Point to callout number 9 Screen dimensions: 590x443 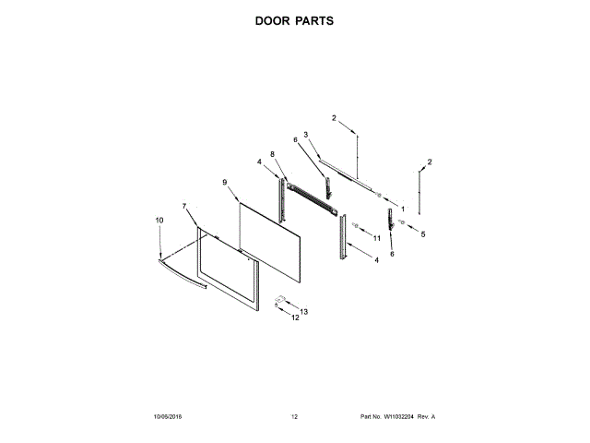pos(224,182)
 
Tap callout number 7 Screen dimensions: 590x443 pos(183,206)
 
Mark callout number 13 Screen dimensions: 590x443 pos(304,312)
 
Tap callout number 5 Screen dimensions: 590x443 pos(423,234)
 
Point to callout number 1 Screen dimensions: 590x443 pos(401,209)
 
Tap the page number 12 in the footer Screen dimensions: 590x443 pos(294,417)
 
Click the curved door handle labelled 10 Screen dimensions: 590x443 pos(180,276)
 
